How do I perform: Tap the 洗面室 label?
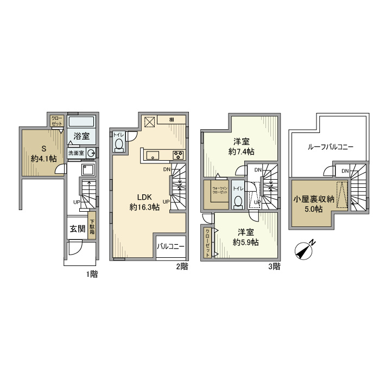pyautogui.click(x=75, y=154)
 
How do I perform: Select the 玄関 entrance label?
pyautogui.click(x=77, y=229)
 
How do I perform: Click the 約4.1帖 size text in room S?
pyautogui.click(x=43, y=159)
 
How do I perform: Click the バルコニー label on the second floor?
pyautogui.click(x=171, y=246)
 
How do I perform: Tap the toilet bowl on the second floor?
pyautogui.click(x=119, y=144)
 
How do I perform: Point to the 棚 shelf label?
pyautogui.click(x=171, y=120)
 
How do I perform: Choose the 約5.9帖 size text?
pyautogui.click(x=245, y=242)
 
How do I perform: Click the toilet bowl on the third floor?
pyautogui.click(x=237, y=202)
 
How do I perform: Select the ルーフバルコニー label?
pyautogui.click(x=330, y=147)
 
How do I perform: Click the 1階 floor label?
pyautogui.click(x=91, y=274)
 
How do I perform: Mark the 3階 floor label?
pyautogui.click(x=274, y=266)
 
